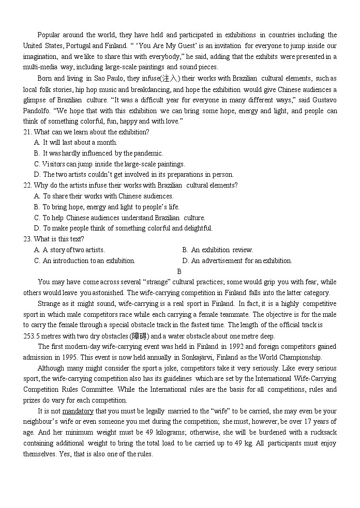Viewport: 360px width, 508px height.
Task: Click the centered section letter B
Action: (179, 271)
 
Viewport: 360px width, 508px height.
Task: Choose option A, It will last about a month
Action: (76, 142)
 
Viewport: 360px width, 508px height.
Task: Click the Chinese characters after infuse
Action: (171, 79)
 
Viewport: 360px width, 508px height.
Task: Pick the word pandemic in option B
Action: (149, 153)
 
